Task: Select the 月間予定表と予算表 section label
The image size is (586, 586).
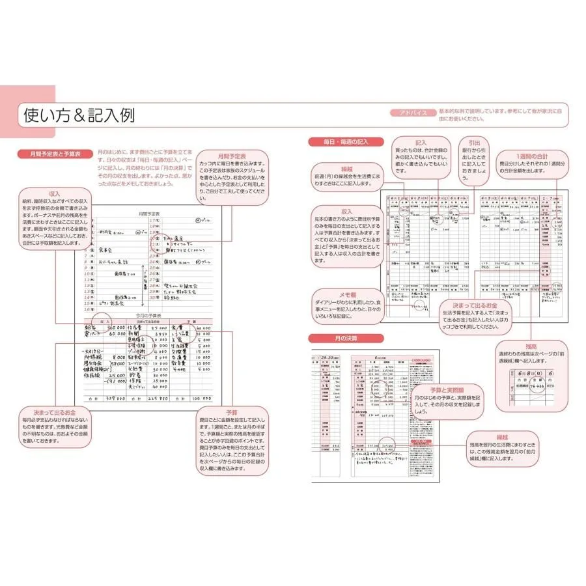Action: [59, 155]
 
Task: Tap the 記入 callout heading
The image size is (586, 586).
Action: [420, 142]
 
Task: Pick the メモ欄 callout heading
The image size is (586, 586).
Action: [346, 294]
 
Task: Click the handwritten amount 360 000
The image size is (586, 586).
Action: [113, 328]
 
